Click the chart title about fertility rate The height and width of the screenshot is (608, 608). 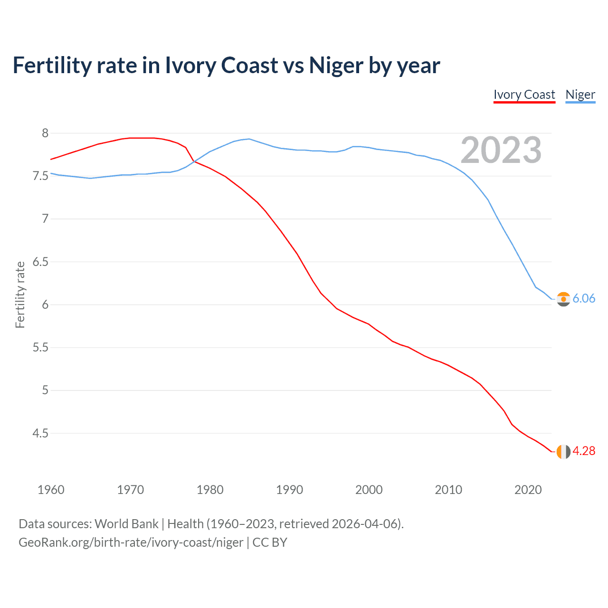click(x=226, y=66)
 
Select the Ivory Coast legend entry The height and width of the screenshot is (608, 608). click(x=524, y=95)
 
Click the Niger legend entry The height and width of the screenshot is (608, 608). click(x=580, y=95)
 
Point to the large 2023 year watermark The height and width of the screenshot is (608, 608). click(x=501, y=150)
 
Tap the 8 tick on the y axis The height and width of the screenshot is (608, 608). click(x=45, y=133)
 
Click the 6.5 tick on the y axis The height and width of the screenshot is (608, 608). click(x=41, y=262)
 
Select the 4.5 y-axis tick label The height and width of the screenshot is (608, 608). click(x=41, y=433)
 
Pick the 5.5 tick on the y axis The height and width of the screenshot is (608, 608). click(x=41, y=348)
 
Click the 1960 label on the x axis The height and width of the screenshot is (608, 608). click(x=51, y=490)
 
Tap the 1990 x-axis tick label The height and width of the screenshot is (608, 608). click(x=289, y=490)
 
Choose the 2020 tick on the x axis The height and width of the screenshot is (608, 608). click(x=528, y=490)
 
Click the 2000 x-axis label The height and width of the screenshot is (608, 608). click(x=369, y=490)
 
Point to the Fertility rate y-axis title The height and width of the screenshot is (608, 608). click(x=20, y=294)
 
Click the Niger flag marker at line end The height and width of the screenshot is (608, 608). click(x=563, y=299)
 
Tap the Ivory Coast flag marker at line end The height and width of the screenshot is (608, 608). click(x=563, y=451)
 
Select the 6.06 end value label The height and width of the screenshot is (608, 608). click(x=584, y=298)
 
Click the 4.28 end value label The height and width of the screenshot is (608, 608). click(x=584, y=451)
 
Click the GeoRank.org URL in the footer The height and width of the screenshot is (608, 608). click(x=131, y=542)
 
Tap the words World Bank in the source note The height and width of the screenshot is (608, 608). click(x=126, y=524)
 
